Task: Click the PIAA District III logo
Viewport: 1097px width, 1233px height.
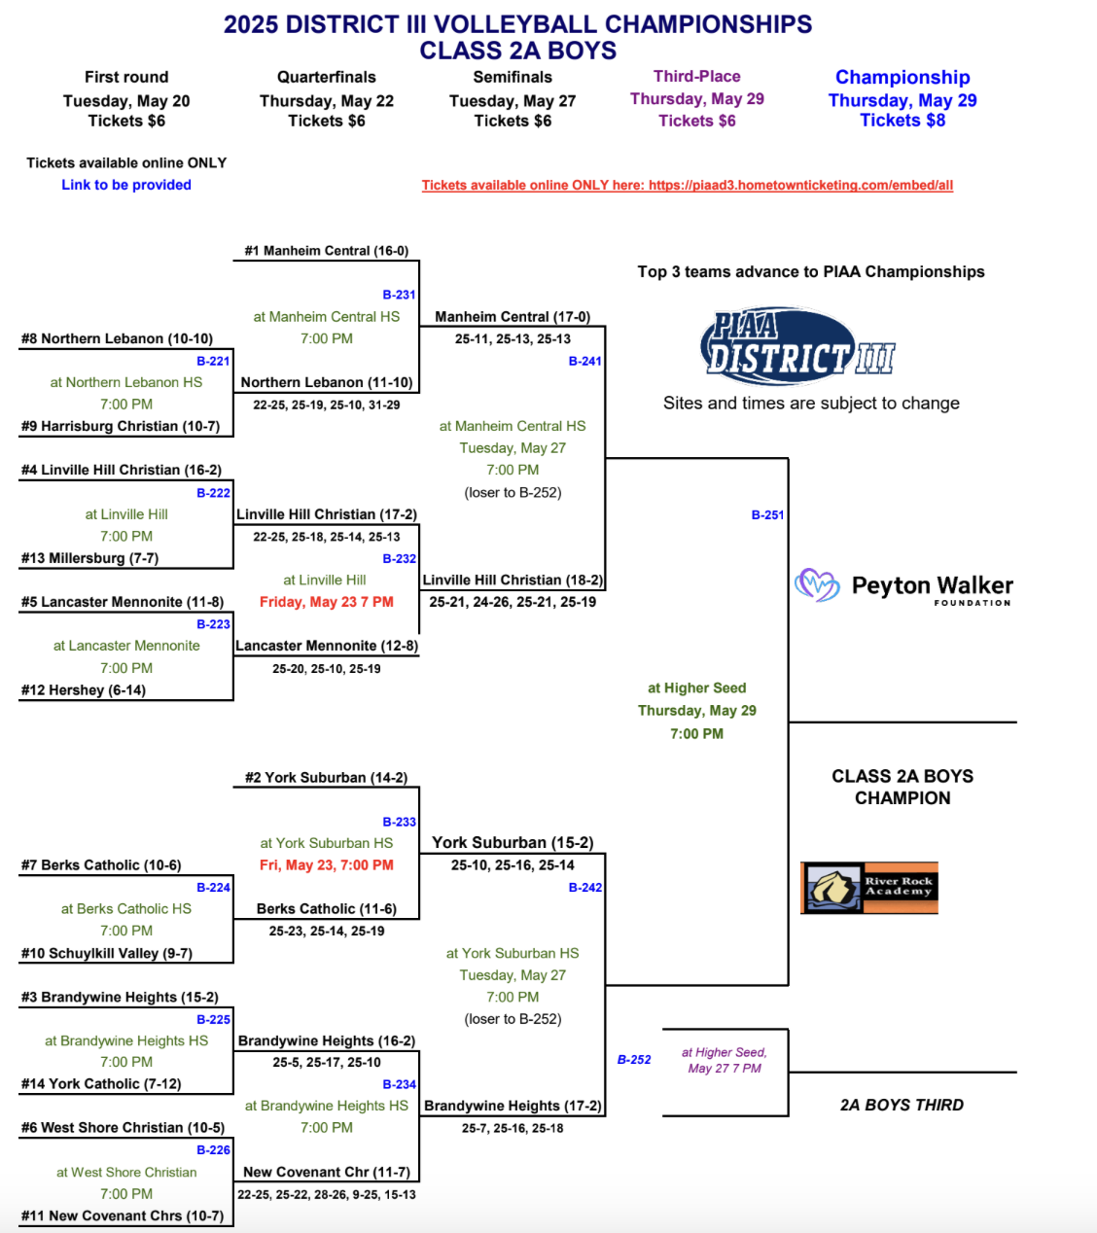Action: (x=797, y=346)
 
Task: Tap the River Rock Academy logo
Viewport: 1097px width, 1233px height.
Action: (x=868, y=888)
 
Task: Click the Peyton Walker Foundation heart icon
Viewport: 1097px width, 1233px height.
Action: (x=817, y=584)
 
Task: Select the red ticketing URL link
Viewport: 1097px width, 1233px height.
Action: (x=688, y=185)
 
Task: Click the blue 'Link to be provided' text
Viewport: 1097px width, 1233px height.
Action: (x=126, y=185)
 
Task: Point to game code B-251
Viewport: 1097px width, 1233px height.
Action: (x=767, y=514)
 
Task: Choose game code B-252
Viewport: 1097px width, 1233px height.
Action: (x=634, y=1060)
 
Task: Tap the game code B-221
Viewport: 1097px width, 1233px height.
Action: (x=213, y=361)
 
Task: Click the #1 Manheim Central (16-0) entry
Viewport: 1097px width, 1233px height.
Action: (x=327, y=251)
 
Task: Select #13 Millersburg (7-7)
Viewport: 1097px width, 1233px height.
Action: (x=89, y=558)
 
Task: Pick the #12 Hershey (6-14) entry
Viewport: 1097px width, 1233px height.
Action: (x=84, y=690)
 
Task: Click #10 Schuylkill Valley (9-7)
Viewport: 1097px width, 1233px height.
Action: (x=107, y=953)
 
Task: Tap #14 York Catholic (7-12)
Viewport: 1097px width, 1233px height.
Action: (x=101, y=1084)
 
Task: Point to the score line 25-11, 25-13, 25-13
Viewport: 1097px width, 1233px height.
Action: (x=513, y=339)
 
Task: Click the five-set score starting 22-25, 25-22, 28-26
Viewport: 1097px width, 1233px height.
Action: (x=327, y=1195)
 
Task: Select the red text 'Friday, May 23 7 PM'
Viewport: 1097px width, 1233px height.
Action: (x=327, y=602)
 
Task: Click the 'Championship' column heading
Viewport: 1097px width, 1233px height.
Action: (x=902, y=77)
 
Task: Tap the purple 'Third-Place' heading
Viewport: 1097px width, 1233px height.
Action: (x=697, y=76)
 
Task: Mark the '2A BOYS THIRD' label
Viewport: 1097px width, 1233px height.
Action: (x=902, y=1105)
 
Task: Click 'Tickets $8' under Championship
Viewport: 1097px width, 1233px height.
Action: (x=902, y=121)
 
